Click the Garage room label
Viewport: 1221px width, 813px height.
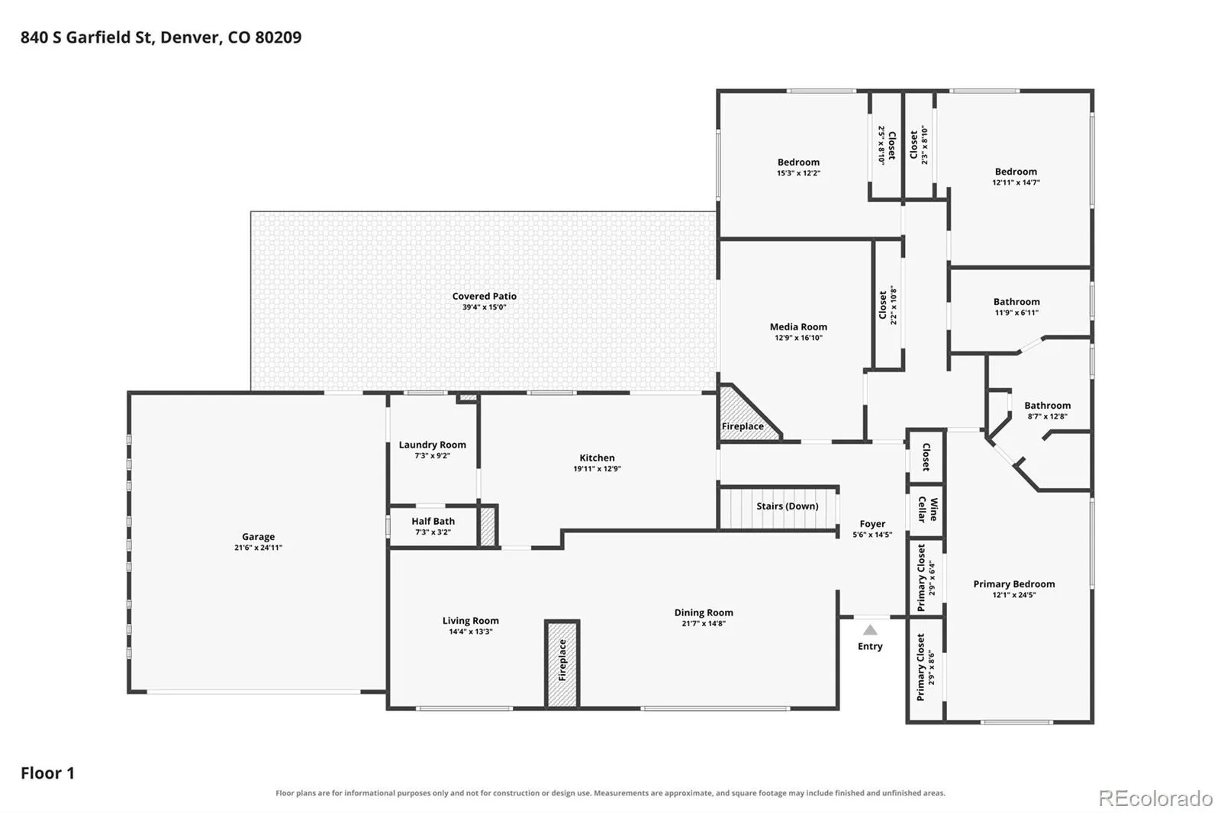pos(259,537)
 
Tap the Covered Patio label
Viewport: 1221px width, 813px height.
pos(484,296)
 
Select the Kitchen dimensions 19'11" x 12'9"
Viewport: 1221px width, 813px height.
pos(597,468)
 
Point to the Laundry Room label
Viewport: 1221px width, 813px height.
pos(432,445)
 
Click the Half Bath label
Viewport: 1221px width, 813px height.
pos(433,522)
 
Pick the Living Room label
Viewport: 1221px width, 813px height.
pos(470,621)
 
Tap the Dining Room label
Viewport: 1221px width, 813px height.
pos(703,612)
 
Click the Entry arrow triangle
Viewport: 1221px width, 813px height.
pos(870,631)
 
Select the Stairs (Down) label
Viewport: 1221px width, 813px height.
pos(787,506)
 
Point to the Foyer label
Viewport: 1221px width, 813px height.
pos(872,524)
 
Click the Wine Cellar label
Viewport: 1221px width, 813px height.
pos(928,509)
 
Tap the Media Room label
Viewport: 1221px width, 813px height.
pos(798,327)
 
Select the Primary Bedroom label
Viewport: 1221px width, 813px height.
pos(1014,584)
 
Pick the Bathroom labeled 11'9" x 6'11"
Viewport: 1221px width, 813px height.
pos(1016,302)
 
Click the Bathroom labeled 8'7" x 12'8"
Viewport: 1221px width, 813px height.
pos(1047,406)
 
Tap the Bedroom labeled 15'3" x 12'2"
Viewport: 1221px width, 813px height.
pos(798,162)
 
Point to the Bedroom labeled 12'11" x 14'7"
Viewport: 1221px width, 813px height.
pos(1016,172)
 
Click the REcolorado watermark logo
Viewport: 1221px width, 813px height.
pos(1155,799)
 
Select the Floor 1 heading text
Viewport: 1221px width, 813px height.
pos(47,773)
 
